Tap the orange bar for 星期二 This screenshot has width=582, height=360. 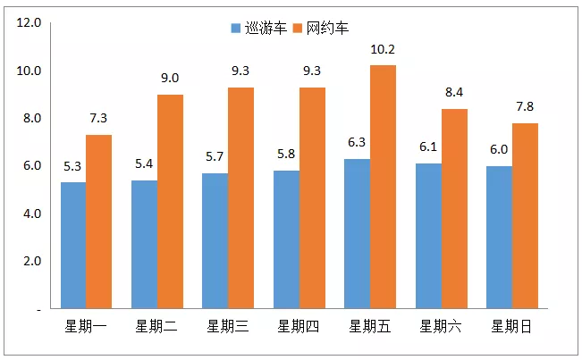pos(170,201)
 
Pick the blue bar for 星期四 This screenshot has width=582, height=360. pos(286,239)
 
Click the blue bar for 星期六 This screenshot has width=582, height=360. pos(428,236)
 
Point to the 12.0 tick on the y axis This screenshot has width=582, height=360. pos(30,23)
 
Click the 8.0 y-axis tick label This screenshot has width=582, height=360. pos(30,118)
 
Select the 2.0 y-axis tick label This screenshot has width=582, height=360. pos(30,261)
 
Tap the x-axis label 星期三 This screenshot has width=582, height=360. pos(228,327)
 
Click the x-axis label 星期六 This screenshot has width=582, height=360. pos(441,327)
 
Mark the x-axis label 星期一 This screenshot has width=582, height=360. pos(86,327)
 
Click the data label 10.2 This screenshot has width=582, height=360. pos(383,49)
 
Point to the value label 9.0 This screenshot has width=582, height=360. pos(170,79)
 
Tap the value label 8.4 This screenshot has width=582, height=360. pos(454,93)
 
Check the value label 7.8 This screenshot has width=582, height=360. pos(525,107)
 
